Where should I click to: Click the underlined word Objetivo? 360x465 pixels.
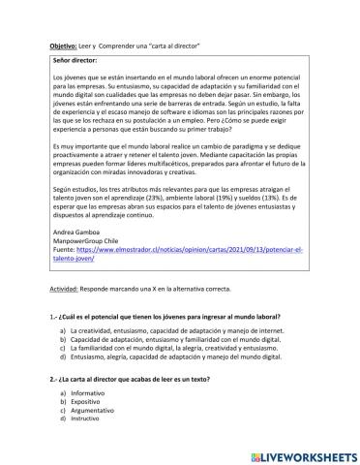click(x=64, y=46)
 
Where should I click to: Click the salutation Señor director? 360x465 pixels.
click(x=78, y=60)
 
